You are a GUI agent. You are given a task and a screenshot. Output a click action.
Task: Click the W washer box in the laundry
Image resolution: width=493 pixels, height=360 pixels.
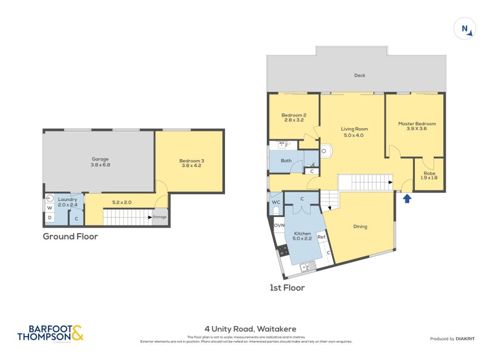50,207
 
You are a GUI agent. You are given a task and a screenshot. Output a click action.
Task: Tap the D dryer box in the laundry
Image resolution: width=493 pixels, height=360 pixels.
50,218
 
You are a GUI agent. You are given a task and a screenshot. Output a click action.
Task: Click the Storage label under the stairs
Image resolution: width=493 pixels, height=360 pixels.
160,217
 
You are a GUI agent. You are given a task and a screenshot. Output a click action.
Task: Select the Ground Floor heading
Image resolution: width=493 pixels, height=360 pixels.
70,236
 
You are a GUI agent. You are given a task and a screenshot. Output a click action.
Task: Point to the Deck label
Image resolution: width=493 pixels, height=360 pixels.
360,76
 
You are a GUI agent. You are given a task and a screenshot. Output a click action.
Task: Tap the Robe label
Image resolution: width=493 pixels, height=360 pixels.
428,174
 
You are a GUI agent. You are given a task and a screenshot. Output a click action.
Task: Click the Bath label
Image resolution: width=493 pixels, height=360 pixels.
286,161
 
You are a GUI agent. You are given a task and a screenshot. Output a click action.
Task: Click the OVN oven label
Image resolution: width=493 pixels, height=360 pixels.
279,225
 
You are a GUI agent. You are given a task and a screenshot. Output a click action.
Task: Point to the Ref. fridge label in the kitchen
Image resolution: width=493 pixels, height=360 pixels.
321,237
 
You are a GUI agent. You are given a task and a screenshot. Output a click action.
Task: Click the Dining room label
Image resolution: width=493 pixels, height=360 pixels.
360,226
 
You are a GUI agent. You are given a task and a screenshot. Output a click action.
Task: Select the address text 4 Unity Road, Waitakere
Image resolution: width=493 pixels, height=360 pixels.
250,329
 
